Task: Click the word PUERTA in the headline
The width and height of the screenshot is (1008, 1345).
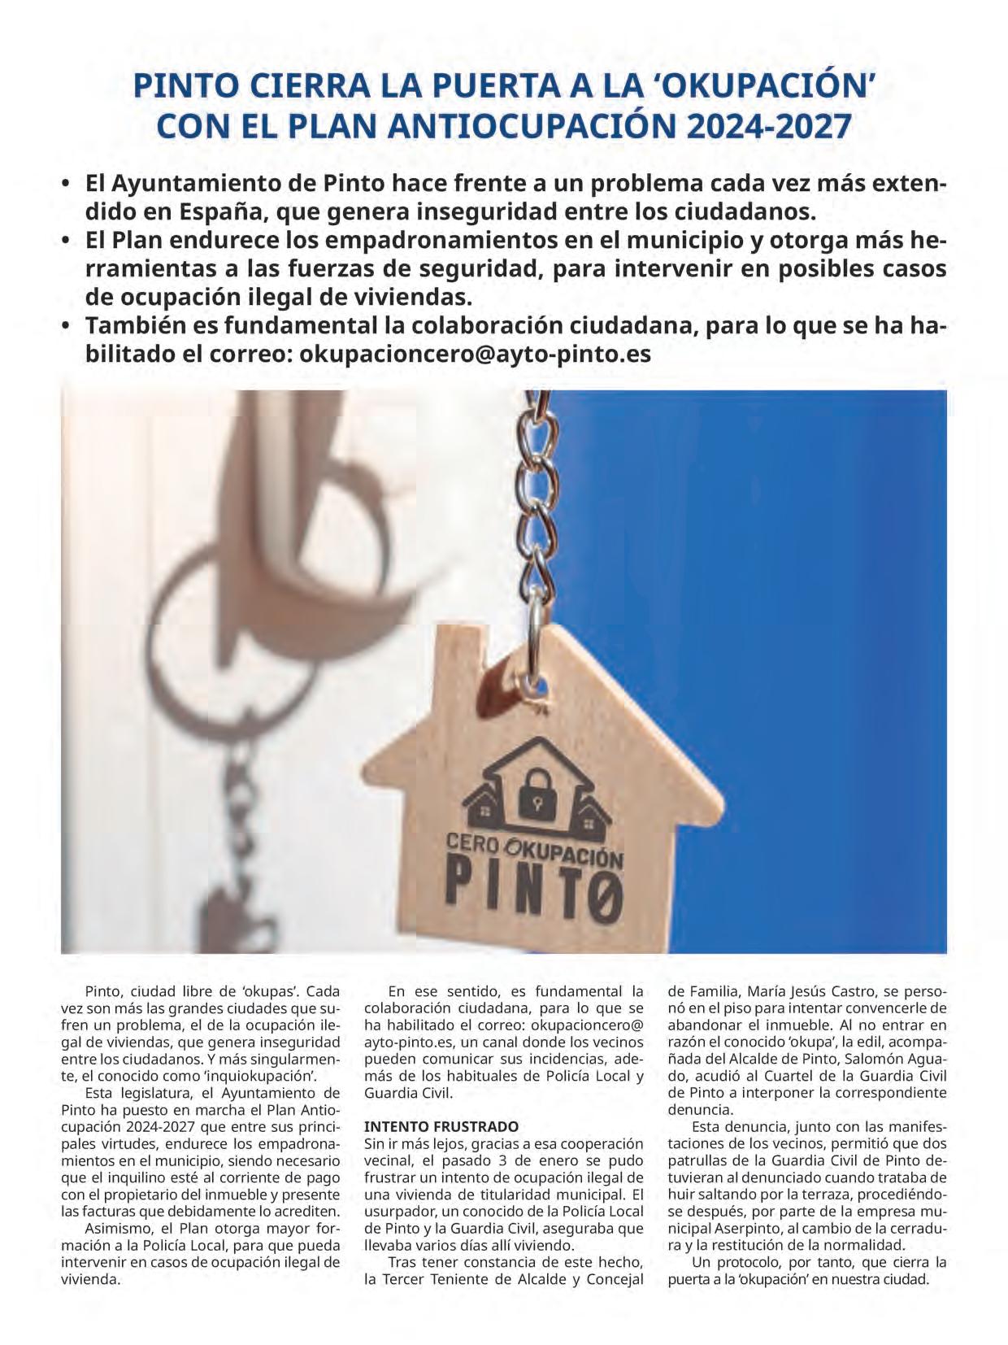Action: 449,86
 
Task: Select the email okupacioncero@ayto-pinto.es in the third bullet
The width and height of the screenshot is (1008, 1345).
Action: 476,355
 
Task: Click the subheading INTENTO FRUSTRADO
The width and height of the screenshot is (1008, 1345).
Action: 441,1126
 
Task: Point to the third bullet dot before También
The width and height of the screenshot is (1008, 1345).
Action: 67,327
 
